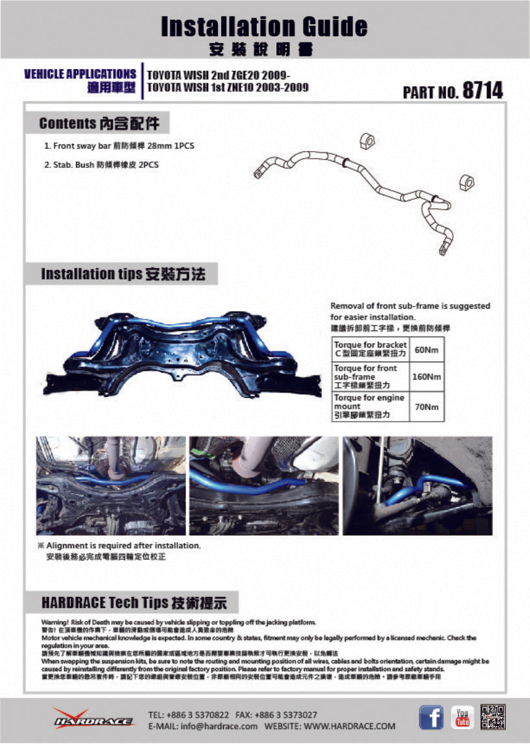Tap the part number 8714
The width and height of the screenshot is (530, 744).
[482, 90]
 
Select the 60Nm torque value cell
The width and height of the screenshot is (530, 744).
[426, 350]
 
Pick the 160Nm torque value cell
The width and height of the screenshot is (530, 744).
[426, 377]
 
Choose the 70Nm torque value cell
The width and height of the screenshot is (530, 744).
[426, 407]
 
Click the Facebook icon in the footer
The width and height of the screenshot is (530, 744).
[431, 717]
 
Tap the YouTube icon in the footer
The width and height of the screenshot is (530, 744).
[462, 717]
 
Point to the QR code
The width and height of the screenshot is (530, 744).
[493, 717]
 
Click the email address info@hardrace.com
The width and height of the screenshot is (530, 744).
[203, 726]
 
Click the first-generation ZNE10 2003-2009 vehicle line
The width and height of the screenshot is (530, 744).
[228, 87]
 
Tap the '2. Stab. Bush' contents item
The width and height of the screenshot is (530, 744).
[101, 165]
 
